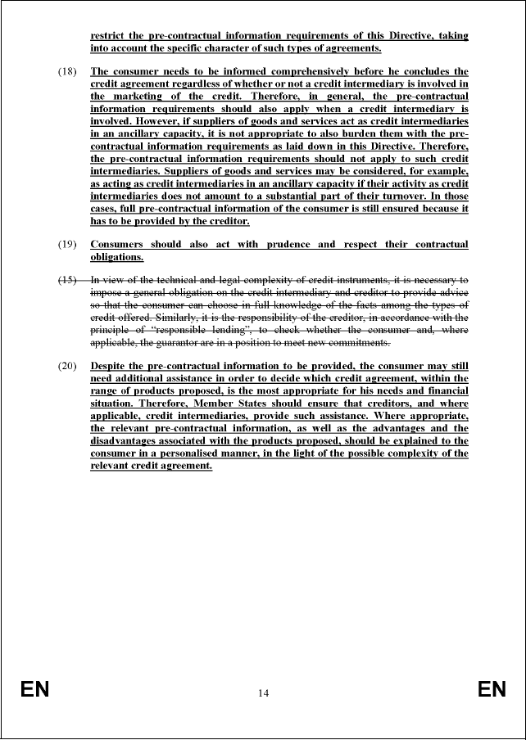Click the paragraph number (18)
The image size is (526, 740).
67,71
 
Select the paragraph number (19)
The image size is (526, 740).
67,245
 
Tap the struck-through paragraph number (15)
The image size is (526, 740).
67,280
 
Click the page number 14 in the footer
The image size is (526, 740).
263,693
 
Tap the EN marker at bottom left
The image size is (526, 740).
35,690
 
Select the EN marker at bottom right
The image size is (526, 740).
492,690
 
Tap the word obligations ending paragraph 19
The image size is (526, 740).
116,257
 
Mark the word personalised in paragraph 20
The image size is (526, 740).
201,453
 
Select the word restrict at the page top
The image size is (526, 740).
109,36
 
